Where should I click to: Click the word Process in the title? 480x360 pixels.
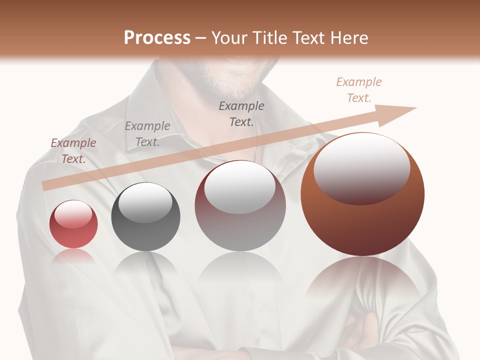point(157,38)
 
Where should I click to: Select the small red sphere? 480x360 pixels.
point(73,224)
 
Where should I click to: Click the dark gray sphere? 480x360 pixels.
point(145,217)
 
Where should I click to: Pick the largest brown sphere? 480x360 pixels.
point(362,195)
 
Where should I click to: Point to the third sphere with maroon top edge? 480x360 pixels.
point(240,206)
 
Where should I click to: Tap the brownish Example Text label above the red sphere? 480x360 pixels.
point(73,151)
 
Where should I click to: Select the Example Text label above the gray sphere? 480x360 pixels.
point(147,133)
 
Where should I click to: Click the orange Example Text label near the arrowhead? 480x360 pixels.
point(359,90)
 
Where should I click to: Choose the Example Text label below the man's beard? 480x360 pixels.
point(241,113)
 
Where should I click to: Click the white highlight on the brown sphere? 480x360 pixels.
point(362,167)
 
